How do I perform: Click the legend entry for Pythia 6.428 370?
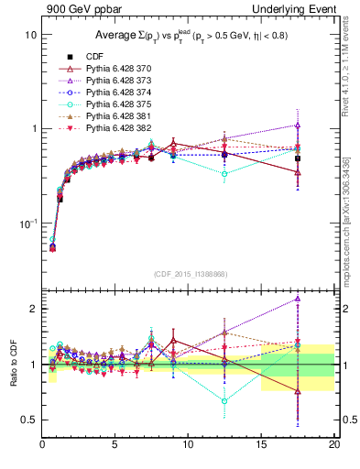[113, 68]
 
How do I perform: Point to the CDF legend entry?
[94, 56]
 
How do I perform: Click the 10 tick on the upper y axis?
[29, 34]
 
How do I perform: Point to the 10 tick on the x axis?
[188, 445]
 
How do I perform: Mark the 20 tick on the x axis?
[333, 445]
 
